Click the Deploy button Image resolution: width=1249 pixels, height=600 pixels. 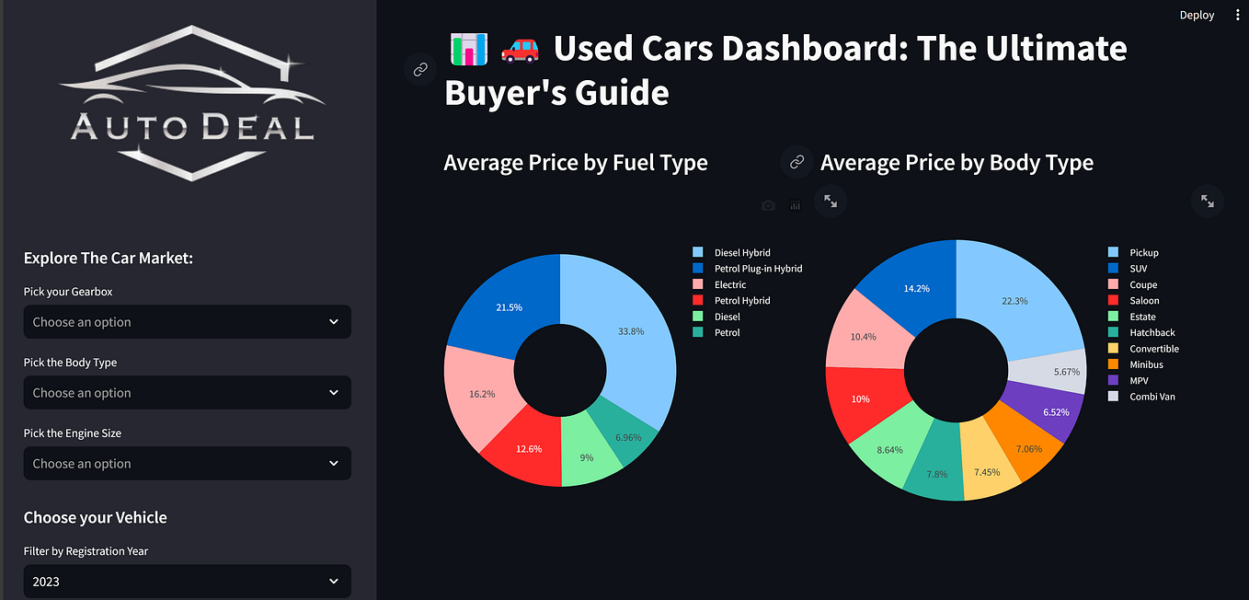[x=1197, y=15]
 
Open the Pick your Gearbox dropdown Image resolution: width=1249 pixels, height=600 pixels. [x=187, y=322]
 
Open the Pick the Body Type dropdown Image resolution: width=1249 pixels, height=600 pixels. [x=187, y=393]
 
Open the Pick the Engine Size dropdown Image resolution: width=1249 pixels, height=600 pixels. [x=187, y=464]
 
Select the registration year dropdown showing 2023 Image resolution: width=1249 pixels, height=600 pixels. [x=187, y=582]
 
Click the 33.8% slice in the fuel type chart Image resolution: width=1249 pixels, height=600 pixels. [x=630, y=332]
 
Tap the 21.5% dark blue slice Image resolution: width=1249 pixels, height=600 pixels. [x=508, y=306]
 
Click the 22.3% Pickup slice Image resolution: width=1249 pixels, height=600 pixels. [x=1014, y=301]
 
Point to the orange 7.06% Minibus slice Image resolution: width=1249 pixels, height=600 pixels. [x=1025, y=448]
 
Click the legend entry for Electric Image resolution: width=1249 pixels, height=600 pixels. [x=730, y=284]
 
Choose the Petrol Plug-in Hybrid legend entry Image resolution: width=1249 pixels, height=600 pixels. [x=758, y=269]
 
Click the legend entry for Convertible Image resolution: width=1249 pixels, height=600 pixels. [x=1154, y=349]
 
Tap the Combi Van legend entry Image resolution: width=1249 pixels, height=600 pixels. [x=1152, y=397]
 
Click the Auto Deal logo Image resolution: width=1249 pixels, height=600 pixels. [x=192, y=103]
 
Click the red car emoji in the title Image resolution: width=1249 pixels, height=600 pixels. [x=520, y=49]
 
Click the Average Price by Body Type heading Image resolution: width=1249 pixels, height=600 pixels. [x=957, y=163]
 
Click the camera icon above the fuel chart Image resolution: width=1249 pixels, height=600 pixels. [x=768, y=205]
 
